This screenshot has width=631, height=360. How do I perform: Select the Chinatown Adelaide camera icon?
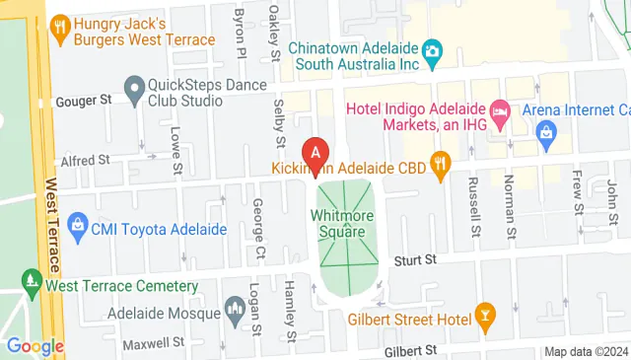click(432, 50)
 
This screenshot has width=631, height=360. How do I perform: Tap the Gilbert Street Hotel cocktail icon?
click(484, 319)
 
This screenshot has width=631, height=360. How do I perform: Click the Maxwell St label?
click(153, 344)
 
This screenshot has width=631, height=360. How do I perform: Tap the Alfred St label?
click(84, 159)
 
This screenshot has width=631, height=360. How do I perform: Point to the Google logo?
click(35, 346)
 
